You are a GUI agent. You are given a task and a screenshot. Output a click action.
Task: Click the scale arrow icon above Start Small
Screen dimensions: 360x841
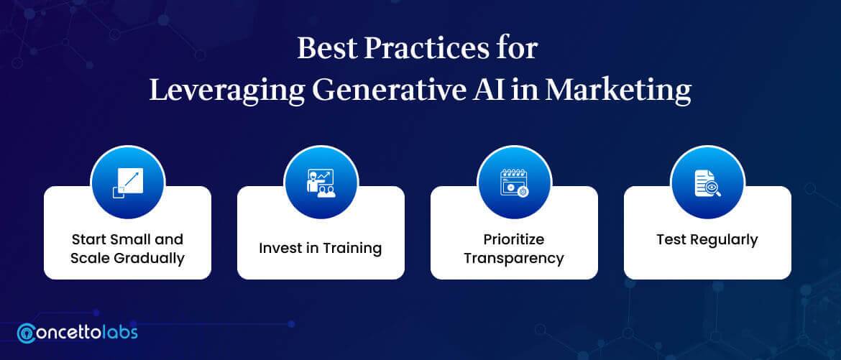point(127,181)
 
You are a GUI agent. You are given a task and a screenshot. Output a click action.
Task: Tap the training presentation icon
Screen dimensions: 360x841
point(321,181)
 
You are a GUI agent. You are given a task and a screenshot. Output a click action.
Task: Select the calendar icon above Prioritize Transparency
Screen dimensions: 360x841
point(514,181)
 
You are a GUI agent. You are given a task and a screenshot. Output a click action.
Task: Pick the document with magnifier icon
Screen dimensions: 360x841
point(707,181)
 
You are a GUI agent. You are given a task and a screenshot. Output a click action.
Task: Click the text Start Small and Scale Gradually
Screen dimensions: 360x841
point(127,248)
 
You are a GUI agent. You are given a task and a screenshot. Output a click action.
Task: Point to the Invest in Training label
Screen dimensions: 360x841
point(321,249)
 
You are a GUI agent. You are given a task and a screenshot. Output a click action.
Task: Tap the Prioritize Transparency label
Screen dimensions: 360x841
point(514,248)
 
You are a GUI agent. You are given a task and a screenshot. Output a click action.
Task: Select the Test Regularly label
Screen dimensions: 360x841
point(707,240)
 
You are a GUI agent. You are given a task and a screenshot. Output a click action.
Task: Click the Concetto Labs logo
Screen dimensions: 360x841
point(77,333)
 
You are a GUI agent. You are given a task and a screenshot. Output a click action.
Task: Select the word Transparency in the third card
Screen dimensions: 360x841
point(514,257)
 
